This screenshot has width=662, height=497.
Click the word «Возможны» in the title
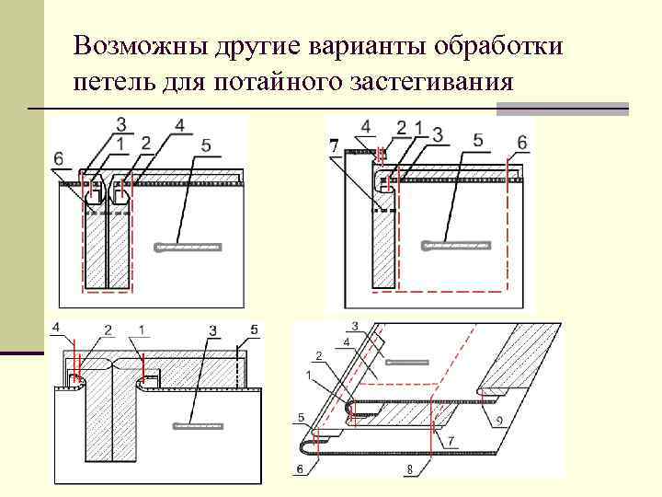[130, 46]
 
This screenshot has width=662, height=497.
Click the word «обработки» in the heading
[502, 46]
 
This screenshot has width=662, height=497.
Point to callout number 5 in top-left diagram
[205, 144]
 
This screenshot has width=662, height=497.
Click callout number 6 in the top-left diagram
[60, 158]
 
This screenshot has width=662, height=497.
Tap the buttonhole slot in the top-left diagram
[188, 246]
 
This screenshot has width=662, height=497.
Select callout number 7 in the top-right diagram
[334, 144]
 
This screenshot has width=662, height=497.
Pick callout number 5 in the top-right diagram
[477, 140]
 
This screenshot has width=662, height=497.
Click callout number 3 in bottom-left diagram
[212, 329]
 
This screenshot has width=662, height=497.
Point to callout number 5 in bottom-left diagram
[255, 329]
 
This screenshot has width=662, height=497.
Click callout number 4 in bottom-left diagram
[56, 328]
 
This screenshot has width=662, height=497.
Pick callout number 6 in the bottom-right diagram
[300, 468]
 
